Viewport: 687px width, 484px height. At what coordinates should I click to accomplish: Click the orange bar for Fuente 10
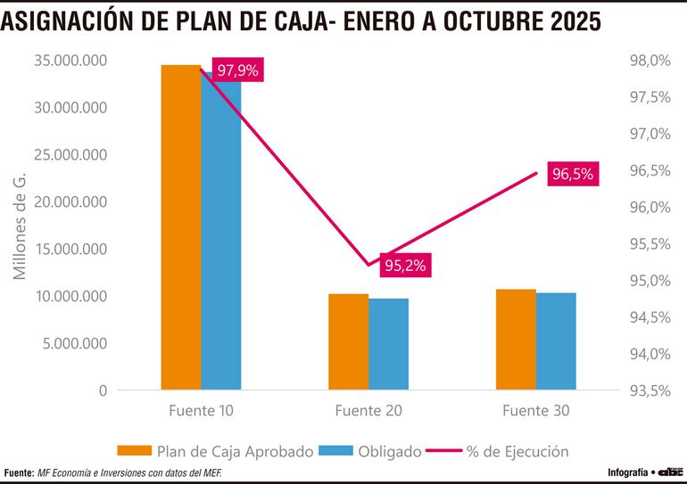(180, 227)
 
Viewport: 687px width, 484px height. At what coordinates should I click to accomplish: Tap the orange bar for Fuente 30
(516, 340)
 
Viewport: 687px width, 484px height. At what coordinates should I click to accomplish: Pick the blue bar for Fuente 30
(556, 341)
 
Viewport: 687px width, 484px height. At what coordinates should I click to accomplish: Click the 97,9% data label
(237, 70)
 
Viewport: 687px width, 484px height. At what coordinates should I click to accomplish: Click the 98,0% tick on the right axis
(650, 61)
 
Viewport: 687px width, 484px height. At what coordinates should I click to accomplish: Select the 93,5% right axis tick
(650, 390)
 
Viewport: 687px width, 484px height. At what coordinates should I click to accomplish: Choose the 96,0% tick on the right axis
(650, 208)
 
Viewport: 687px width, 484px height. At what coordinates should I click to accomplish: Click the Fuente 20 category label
(368, 411)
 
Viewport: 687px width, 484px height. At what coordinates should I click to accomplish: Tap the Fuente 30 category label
(535, 411)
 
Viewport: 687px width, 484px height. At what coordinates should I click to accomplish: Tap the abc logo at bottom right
(670, 471)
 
